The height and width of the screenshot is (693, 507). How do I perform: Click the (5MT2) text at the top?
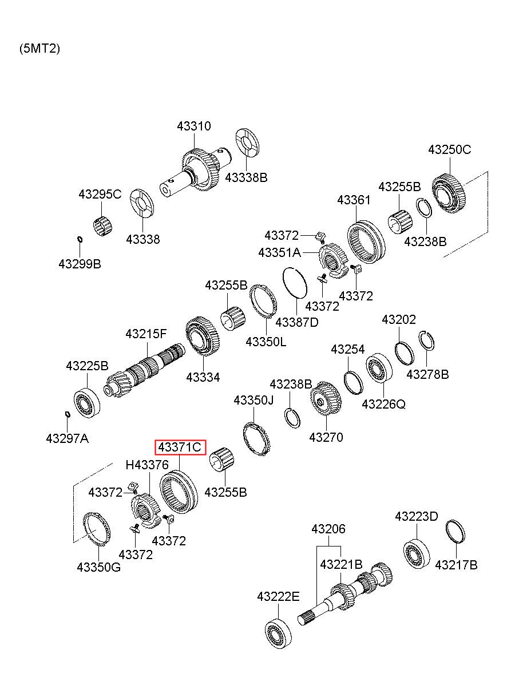coord(39,49)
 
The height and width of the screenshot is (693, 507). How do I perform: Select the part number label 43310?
coord(193,126)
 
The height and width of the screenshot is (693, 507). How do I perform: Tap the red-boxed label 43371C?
coord(180,448)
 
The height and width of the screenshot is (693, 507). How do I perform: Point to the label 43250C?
coord(450,149)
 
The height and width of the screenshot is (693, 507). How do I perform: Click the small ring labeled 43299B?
coord(80,239)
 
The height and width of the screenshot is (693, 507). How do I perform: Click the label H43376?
coord(147,465)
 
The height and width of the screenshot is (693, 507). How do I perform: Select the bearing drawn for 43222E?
coord(278,633)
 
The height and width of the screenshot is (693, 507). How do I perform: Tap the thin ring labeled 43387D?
coord(296,283)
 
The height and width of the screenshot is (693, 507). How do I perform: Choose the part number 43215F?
coord(146,333)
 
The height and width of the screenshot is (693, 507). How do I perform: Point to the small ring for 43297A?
coord(67,414)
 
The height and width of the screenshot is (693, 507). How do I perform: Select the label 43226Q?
coord(383,404)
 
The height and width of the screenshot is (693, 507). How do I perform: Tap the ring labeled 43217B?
coord(455,531)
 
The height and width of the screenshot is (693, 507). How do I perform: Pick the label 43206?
coord(328,529)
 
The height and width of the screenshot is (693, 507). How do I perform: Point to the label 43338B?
coord(246,177)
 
